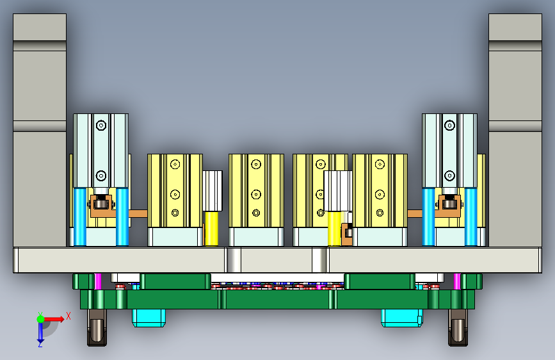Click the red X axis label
[68, 316]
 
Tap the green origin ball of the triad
[41, 319]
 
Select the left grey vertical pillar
[40, 131]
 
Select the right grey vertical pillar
[515, 131]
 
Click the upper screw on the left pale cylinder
[101, 125]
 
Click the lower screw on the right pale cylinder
[449, 176]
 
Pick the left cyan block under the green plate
[149, 318]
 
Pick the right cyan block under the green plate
[402, 318]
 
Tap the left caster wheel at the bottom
[97, 327]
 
